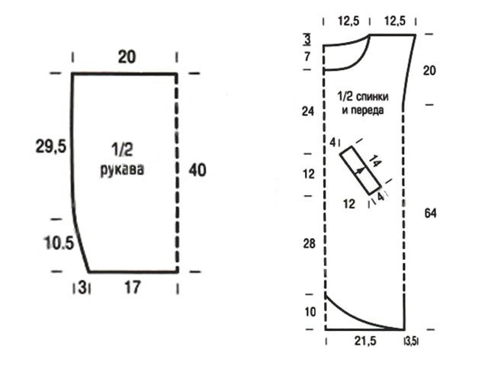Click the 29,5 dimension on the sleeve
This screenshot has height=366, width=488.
51,146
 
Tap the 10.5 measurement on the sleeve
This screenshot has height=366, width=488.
59,242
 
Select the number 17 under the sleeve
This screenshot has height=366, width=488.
133,287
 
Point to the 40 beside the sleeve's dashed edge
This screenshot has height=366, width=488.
197,170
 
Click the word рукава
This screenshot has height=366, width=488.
122,169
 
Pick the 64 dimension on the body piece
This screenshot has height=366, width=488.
430,213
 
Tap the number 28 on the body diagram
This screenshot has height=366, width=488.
309,244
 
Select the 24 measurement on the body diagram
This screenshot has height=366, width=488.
308,111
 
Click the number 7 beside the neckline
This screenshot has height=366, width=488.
307,56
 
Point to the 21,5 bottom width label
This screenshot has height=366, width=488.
365,341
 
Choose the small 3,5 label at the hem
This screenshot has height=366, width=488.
411,342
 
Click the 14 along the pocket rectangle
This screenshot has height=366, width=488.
375,162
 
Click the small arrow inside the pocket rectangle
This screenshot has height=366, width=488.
359,171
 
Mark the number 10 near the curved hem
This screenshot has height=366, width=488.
310,312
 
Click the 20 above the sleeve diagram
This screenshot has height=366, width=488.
127,57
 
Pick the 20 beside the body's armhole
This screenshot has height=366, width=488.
429,71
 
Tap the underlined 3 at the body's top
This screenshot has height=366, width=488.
307,40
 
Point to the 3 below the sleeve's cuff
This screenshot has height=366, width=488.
82,287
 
